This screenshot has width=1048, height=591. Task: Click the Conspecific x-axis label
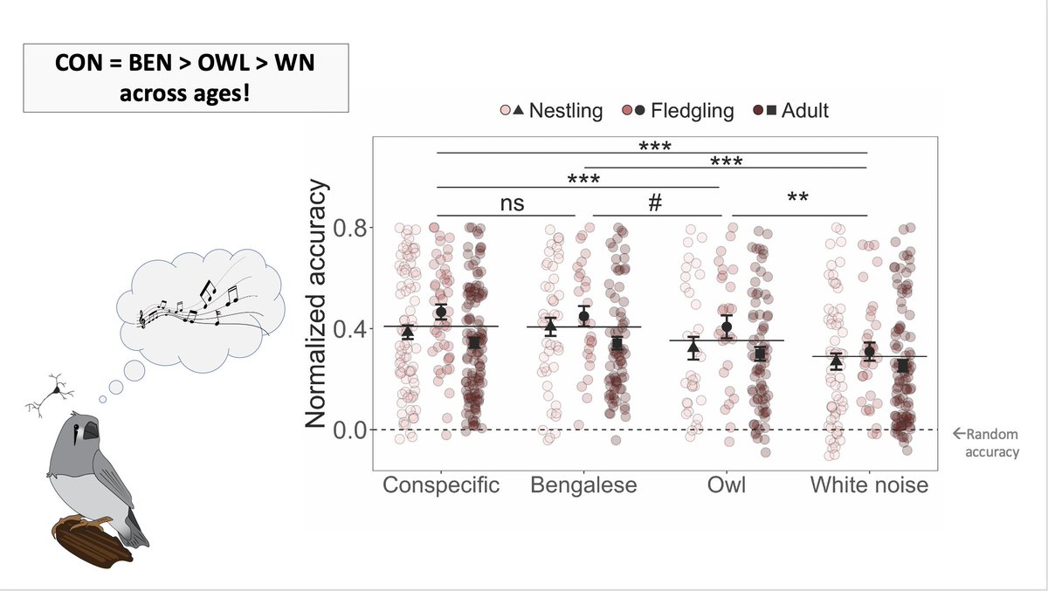441,485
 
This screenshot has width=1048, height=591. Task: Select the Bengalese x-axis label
584,485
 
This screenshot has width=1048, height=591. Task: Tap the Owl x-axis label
726,485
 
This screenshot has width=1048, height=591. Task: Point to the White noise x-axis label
869,485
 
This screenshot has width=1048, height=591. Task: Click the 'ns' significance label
512,203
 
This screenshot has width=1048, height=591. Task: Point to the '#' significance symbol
655,203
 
